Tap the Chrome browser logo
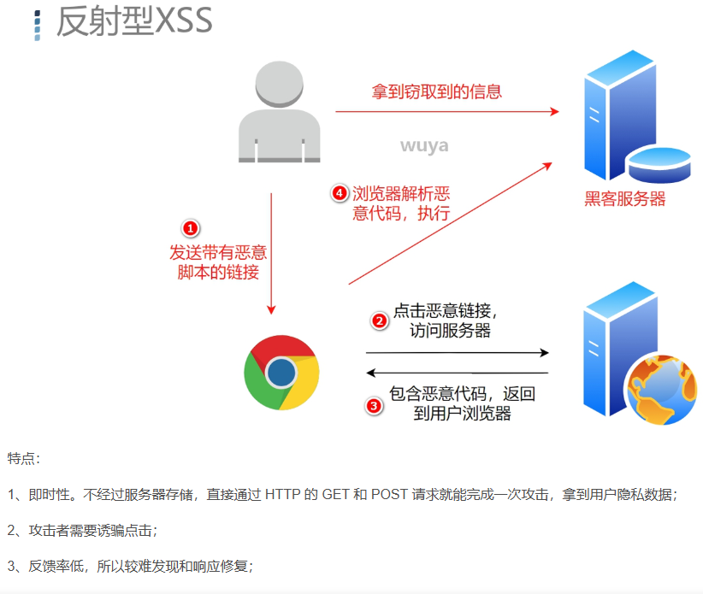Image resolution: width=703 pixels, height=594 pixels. pos(281,372)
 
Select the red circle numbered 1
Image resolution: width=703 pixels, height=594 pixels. pos(191,228)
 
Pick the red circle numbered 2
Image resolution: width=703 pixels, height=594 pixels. pos(379,321)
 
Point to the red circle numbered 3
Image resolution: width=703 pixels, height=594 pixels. pos(374,405)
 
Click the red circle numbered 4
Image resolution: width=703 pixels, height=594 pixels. pos(340,193)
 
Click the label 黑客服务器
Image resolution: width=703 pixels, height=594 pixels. pos(624,199)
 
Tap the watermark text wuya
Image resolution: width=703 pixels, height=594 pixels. pos(424,145)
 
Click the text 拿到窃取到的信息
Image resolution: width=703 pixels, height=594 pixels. pos(436,91)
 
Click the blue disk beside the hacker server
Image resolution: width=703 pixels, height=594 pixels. pos(658,163)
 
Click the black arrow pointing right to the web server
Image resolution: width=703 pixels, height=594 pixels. pos(457,352)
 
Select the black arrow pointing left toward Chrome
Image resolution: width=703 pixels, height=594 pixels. pos(457,373)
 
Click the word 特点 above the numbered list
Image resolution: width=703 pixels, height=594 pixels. pos(23,458)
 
